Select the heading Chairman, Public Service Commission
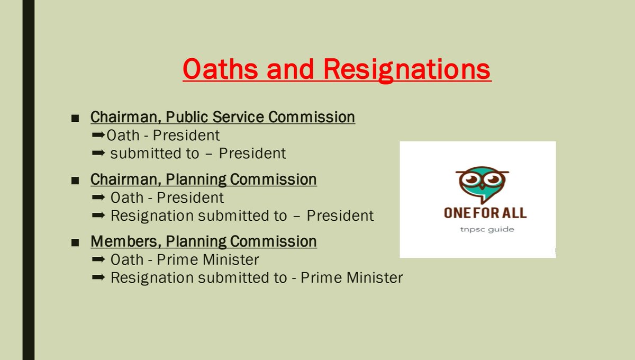[222, 116]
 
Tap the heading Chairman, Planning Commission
[203, 179]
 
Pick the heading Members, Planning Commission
[203, 241]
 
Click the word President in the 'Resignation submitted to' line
[340, 215]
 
